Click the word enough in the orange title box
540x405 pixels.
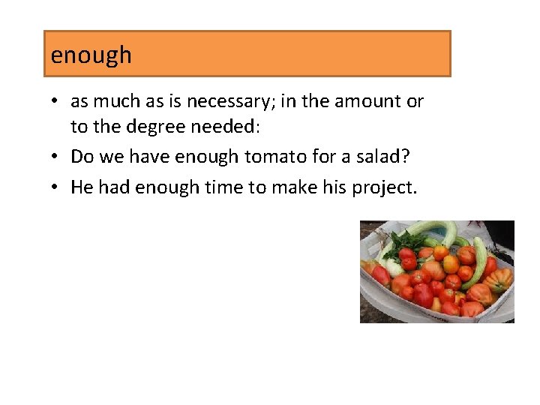(x=91, y=55)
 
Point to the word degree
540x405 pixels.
(x=157, y=127)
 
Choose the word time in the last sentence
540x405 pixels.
(x=224, y=187)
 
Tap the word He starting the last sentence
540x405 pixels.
(x=82, y=187)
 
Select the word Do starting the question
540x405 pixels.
(x=82, y=157)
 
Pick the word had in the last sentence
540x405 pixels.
(x=113, y=187)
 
